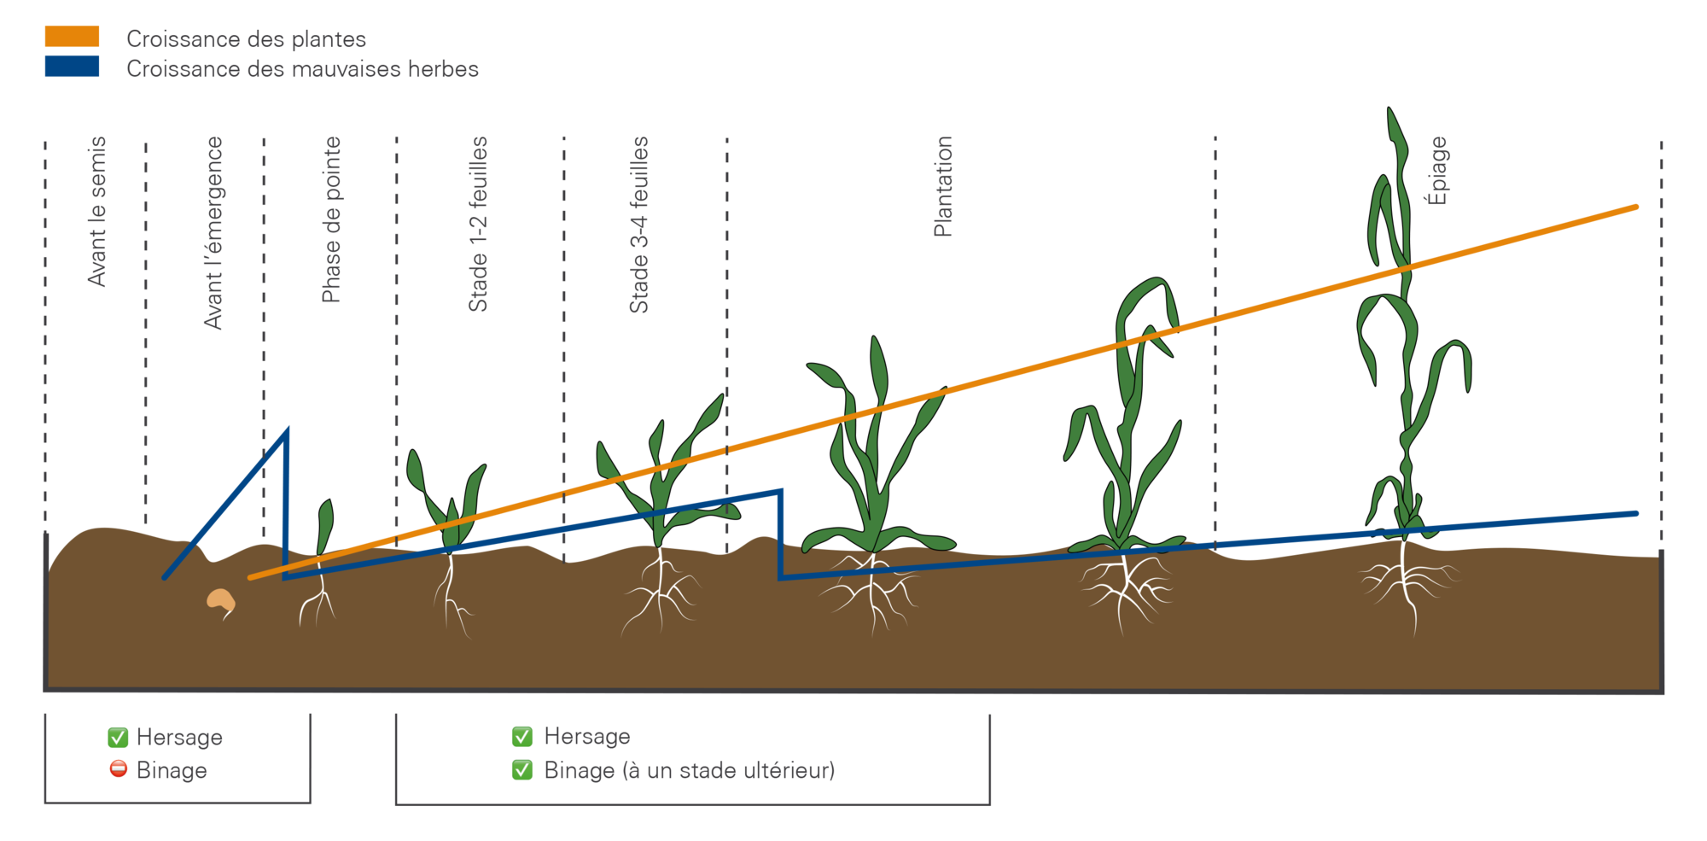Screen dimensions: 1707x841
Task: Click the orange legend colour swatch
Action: (x=72, y=37)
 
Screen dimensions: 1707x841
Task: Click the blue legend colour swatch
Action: (x=72, y=67)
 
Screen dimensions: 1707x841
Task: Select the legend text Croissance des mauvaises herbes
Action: (x=303, y=69)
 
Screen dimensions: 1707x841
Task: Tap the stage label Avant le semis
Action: (x=97, y=212)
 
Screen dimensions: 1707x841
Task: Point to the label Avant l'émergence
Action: (x=213, y=232)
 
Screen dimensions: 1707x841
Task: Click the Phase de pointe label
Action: (x=331, y=219)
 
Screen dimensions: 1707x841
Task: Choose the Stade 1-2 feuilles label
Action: (x=478, y=224)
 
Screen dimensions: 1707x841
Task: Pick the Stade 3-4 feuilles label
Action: (x=639, y=225)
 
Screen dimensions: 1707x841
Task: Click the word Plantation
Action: (x=943, y=186)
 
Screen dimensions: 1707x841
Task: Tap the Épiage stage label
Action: (x=1437, y=171)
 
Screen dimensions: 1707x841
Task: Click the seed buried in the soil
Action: (x=221, y=601)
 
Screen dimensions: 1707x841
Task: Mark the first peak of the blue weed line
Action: (x=287, y=431)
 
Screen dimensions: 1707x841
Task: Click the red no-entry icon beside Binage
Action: (x=119, y=769)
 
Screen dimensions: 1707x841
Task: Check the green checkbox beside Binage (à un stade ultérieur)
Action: (x=522, y=770)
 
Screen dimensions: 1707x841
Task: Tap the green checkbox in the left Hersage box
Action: (x=118, y=737)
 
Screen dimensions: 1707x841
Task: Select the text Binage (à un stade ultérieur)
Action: (x=690, y=771)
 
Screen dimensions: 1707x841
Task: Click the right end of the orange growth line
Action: (x=1635, y=207)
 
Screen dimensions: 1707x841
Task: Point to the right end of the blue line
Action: (x=1635, y=513)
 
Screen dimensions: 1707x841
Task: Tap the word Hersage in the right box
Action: (x=587, y=736)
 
